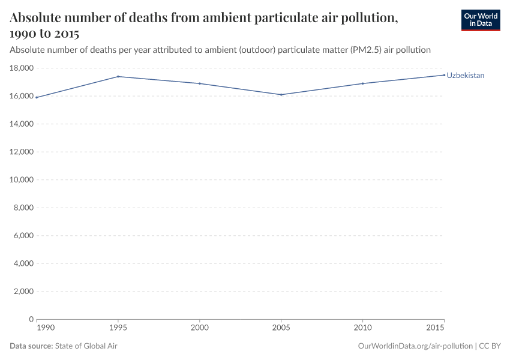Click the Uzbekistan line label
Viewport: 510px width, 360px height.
pyautogui.click(x=465, y=76)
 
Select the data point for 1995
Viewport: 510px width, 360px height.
pyautogui.click(x=118, y=76)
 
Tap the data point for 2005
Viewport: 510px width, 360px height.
pyautogui.click(x=281, y=95)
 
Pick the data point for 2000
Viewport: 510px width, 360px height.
pyautogui.click(x=200, y=83)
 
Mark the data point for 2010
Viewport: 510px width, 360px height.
pyautogui.click(x=363, y=83)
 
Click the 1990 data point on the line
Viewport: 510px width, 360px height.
pyautogui.click(x=37, y=97)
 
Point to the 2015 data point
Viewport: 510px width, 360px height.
pyautogui.click(x=444, y=75)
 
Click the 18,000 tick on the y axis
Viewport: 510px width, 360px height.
pyautogui.click(x=22, y=68)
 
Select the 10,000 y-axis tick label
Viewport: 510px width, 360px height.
pyautogui.click(x=22, y=180)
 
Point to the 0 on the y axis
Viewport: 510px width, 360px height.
pyautogui.click(x=31, y=320)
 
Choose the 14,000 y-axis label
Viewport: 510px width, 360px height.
pyautogui.click(x=22, y=124)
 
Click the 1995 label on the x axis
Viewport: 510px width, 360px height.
pyautogui.click(x=118, y=328)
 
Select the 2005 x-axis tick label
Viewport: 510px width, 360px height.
pyautogui.click(x=281, y=328)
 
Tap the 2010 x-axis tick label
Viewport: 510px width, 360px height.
pyautogui.click(x=363, y=328)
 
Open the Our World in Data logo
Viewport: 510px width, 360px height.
pyautogui.click(x=480, y=20)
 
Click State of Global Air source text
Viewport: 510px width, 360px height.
pyautogui.click(x=86, y=346)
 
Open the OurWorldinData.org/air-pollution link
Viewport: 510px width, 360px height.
pyautogui.click(x=415, y=346)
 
